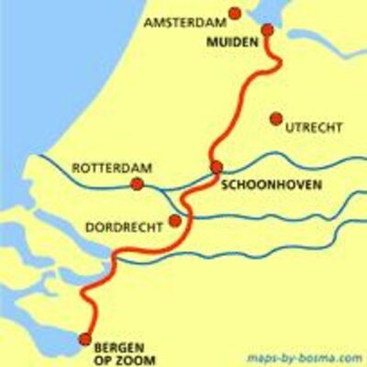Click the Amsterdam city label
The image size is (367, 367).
click(x=183, y=22)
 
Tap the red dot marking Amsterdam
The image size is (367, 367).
click(x=235, y=13)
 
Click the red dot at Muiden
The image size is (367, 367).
click(x=267, y=30)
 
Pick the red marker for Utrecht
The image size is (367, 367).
click(x=275, y=117)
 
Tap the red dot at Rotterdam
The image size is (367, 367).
click(x=137, y=183)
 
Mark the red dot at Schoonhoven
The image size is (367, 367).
click(x=217, y=166)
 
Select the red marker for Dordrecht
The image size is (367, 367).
click(x=174, y=221)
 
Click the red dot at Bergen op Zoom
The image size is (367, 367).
click(x=85, y=339)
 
